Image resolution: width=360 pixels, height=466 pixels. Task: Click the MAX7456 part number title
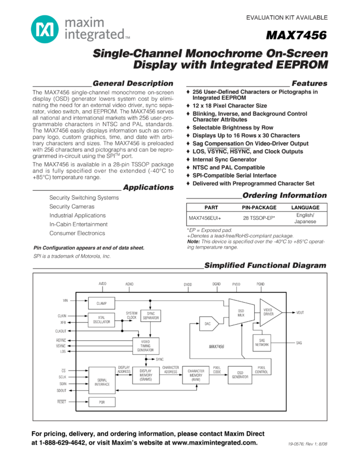(x=296, y=36)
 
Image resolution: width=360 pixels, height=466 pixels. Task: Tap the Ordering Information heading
(x=284, y=195)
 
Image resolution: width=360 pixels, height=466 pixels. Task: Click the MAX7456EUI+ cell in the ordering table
(x=205, y=218)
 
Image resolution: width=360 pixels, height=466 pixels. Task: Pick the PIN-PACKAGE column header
(x=259, y=208)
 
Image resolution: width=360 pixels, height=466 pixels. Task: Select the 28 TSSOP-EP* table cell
(x=259, y=218)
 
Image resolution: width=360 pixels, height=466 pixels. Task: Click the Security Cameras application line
(x=72, y=207)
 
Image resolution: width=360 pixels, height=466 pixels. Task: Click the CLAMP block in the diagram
(x=101, y=303)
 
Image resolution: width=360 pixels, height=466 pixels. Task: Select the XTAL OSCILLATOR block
(x=101, y=320)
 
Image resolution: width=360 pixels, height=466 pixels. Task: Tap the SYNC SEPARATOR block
(x=151, y=316)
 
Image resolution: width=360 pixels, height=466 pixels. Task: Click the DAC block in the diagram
(x=208, y=324)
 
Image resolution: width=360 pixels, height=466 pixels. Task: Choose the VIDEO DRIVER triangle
(x=269, y=312)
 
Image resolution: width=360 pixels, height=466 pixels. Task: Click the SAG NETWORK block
(x=262, y=343)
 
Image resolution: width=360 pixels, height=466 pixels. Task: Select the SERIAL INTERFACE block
(x=102, y=382)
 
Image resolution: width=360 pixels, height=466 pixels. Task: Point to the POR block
(x=101, y=402)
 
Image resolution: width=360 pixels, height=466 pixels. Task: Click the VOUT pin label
(x=300, y=312)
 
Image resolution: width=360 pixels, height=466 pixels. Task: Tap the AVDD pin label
(x=102, y=284)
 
